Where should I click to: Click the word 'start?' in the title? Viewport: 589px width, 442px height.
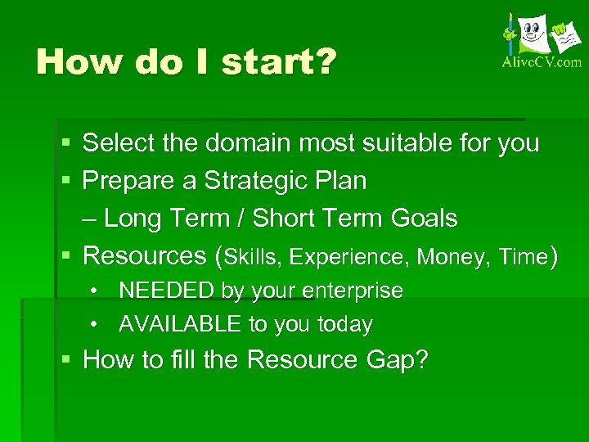[x=278, y=63]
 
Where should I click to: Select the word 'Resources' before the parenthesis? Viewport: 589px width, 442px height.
[x=145, y=256]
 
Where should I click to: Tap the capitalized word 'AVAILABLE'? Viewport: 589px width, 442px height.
[x=181, y=325]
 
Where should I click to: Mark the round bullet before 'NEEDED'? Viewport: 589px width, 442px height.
[x=96, y=291]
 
